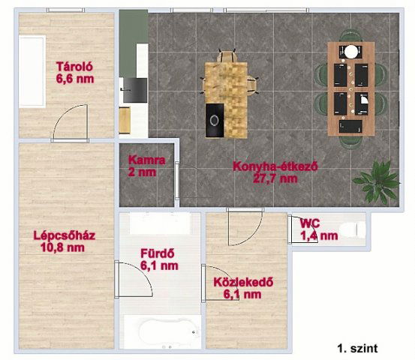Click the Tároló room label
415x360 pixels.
tap(74, 64)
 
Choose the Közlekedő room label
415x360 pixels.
tap(242, 283)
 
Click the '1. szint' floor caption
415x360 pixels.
tap(358, 348)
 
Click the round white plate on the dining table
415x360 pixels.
tap(350, 52)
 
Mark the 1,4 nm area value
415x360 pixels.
tap(319, 236)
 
